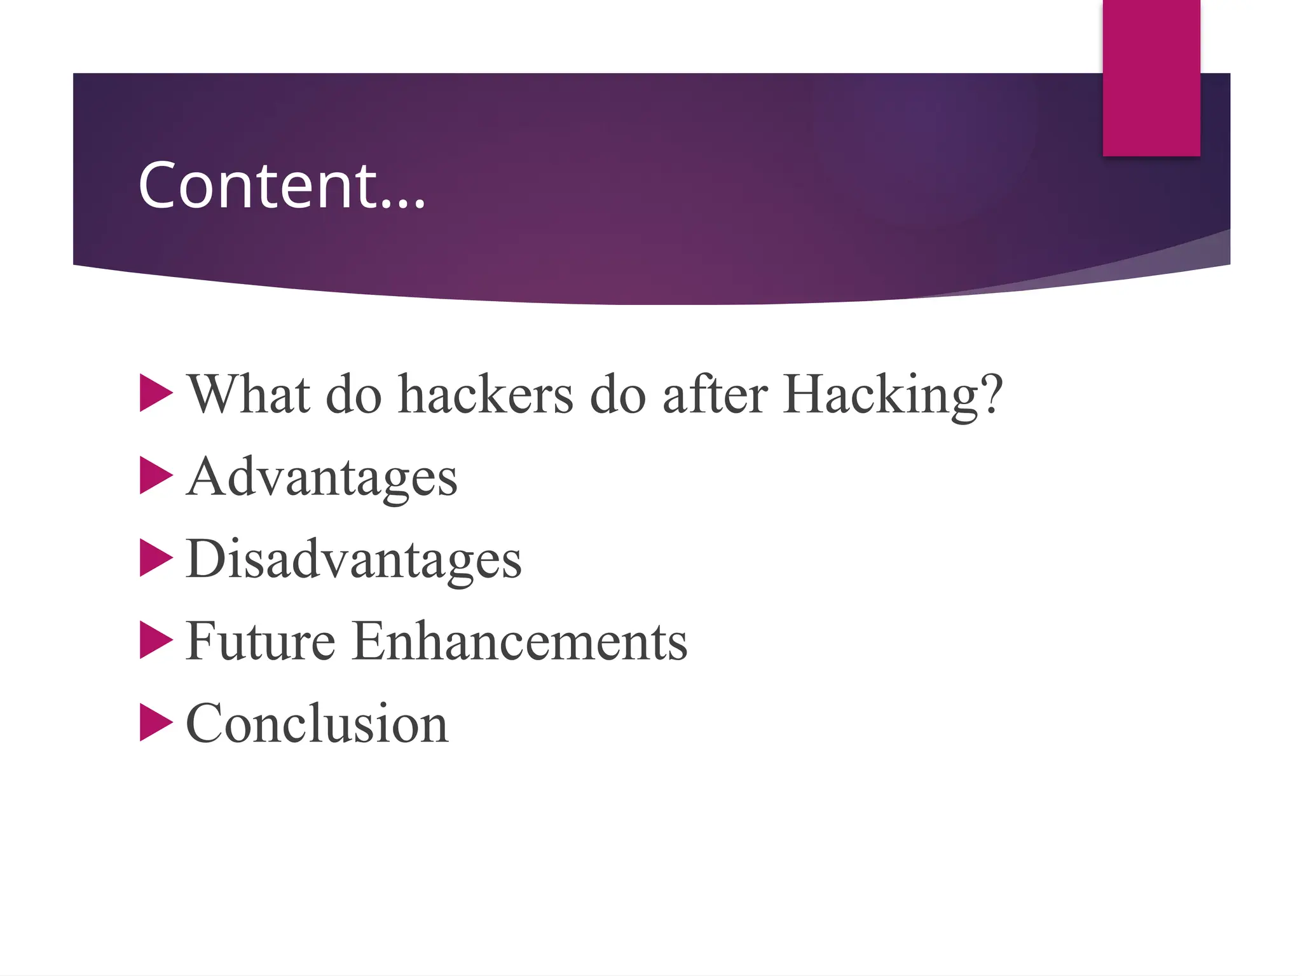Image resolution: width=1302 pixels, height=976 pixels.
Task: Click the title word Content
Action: coord(257,186)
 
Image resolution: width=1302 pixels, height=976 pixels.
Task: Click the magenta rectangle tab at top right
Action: coord(1151,78)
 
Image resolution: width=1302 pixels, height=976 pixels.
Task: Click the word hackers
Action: coord(486,395)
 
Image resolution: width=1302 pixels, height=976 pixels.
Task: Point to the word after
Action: coord(715,395)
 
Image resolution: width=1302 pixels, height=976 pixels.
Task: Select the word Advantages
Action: coord(322,478)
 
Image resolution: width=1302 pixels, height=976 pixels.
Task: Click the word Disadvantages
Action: coord(353,560)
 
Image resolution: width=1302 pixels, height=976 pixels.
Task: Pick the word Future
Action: coord(261,641)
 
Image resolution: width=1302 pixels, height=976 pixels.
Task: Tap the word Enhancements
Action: coord(519,641)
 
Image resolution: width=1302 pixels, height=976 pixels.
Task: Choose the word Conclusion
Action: coord(317,724)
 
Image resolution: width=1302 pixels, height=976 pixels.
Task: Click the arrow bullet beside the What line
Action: coord(155,393)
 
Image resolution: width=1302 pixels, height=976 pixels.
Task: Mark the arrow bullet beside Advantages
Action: coord(155,475)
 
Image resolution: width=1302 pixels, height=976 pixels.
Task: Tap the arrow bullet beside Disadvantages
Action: coord(155,558)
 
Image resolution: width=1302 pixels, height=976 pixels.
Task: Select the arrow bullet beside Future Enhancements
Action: coord(155,640)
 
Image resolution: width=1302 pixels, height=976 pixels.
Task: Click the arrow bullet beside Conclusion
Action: coord(155,722)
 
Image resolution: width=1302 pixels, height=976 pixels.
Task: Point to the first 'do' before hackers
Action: coord(353,395)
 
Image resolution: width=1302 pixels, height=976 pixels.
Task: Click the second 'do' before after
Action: coord(618,395)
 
